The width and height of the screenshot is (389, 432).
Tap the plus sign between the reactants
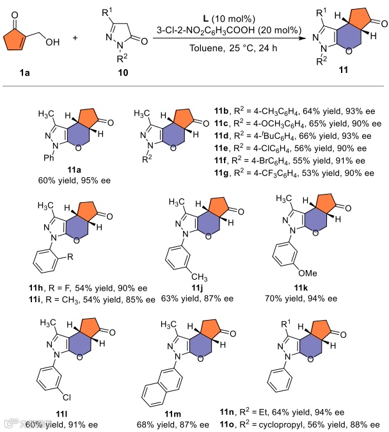pos(75,38)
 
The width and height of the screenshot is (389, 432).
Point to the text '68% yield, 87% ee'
pos(173,424)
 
